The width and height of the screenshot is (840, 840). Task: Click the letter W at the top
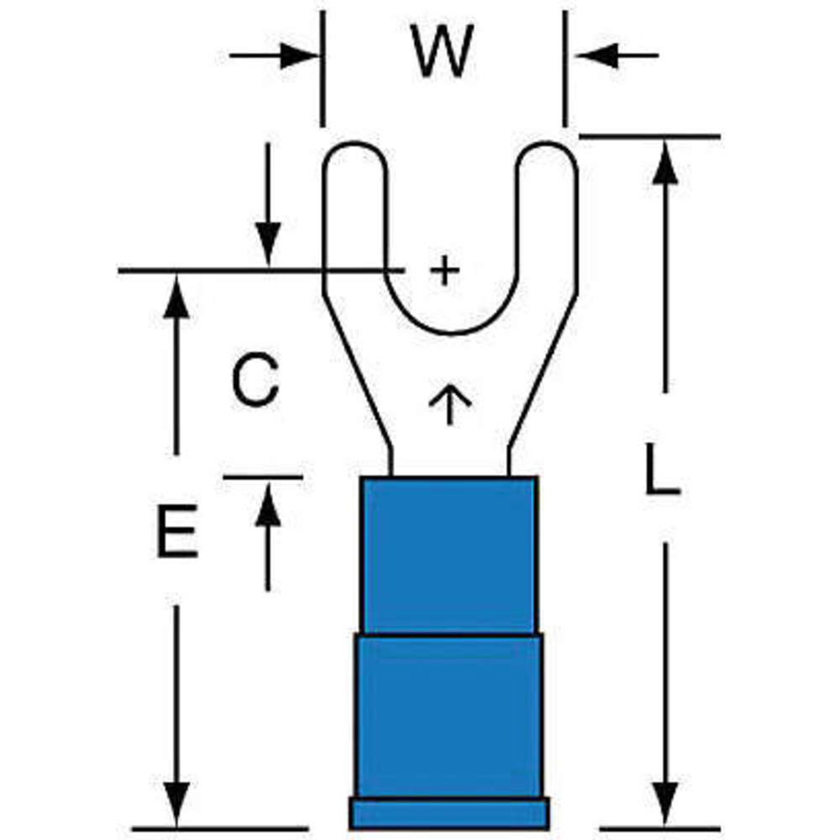click(443, 52)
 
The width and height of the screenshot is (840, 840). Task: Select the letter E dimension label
click(176, 532)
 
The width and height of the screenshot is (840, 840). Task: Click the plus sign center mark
click(445, 270)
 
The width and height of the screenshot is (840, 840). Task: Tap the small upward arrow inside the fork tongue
click(449, 402)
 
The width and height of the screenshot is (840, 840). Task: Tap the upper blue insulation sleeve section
click(449, 554)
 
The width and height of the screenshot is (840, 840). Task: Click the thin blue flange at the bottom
click(449, 813)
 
